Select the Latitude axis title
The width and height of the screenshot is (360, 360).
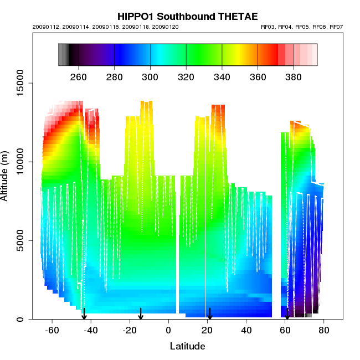tap(187, 346)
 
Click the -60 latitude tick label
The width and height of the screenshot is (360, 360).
tap(51, 331)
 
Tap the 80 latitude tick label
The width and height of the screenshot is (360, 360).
tap(324, 331)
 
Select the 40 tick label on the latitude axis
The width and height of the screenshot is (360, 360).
tap(246, 331)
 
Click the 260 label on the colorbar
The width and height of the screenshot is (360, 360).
tap(79, 77)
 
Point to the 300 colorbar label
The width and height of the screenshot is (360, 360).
tap(150, 77)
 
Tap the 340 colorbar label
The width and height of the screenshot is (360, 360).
tap(222, 77)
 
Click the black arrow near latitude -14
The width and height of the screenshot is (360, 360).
tap(141, 314)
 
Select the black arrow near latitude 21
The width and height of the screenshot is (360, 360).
tap(209, 314)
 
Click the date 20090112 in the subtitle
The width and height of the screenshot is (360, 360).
tap(44, 27)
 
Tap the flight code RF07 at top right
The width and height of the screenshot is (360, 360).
tap(336, 27)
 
